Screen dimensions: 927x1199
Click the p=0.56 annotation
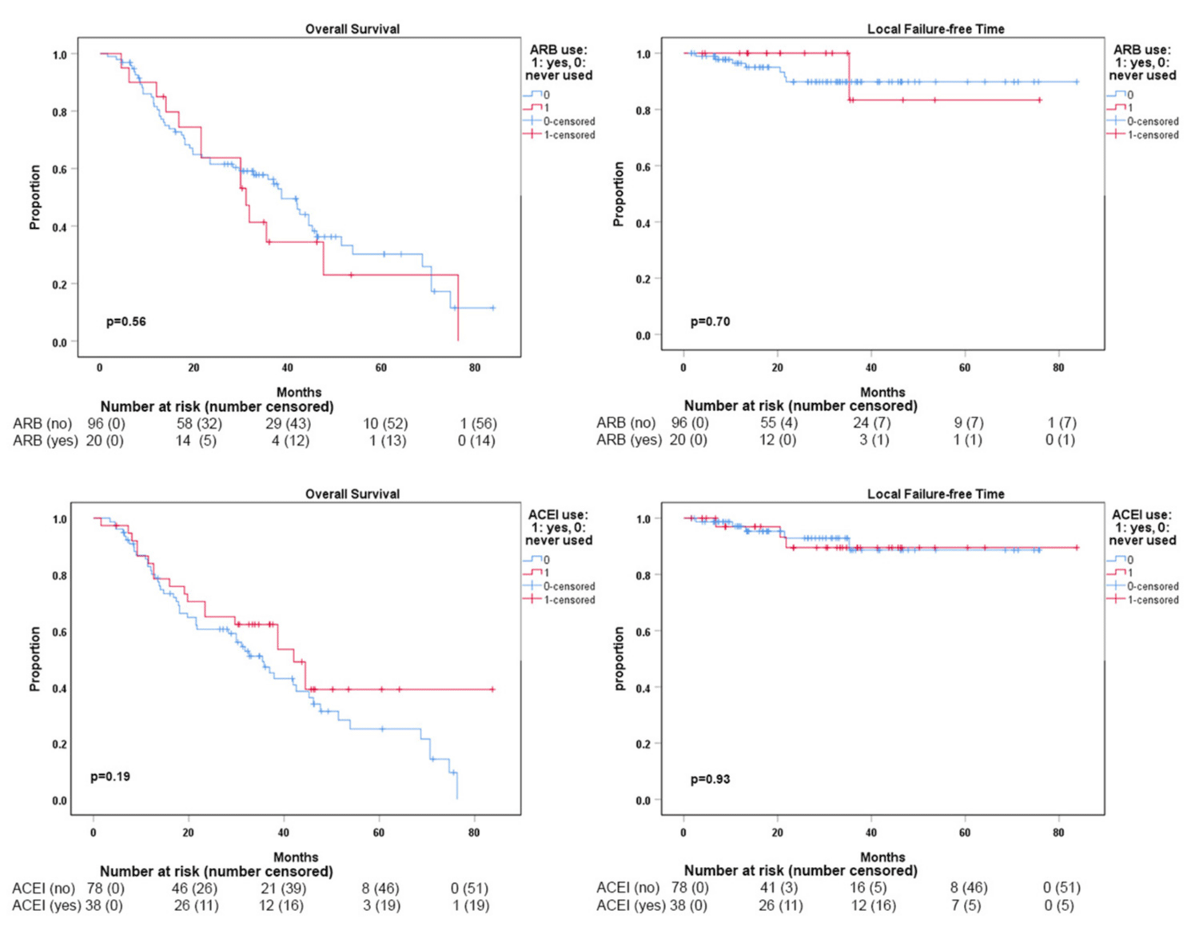coord(125,322)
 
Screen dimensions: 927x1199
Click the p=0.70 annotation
coord(710,322)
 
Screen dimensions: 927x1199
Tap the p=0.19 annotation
coord(110,776)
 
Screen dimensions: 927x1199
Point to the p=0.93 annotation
coord(710,779)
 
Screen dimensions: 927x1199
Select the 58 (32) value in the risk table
coord(199,423)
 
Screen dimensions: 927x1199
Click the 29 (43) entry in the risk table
coord(288,423)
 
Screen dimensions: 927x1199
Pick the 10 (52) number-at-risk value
coord(385,423)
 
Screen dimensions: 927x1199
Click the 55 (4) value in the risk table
coord(779,422)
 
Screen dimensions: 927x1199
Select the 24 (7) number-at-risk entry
coord(871,422)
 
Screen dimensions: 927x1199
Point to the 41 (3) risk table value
coord(779,887)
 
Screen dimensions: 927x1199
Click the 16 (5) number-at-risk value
coord(868,887)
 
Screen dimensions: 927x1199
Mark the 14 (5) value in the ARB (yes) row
coord(196,440)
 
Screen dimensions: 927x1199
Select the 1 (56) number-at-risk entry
coord(478,423)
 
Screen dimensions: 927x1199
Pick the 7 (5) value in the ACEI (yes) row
coord(968,905)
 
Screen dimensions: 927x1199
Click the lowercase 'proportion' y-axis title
coord(619,657)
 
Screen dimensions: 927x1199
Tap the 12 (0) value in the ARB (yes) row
coord(778,439)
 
